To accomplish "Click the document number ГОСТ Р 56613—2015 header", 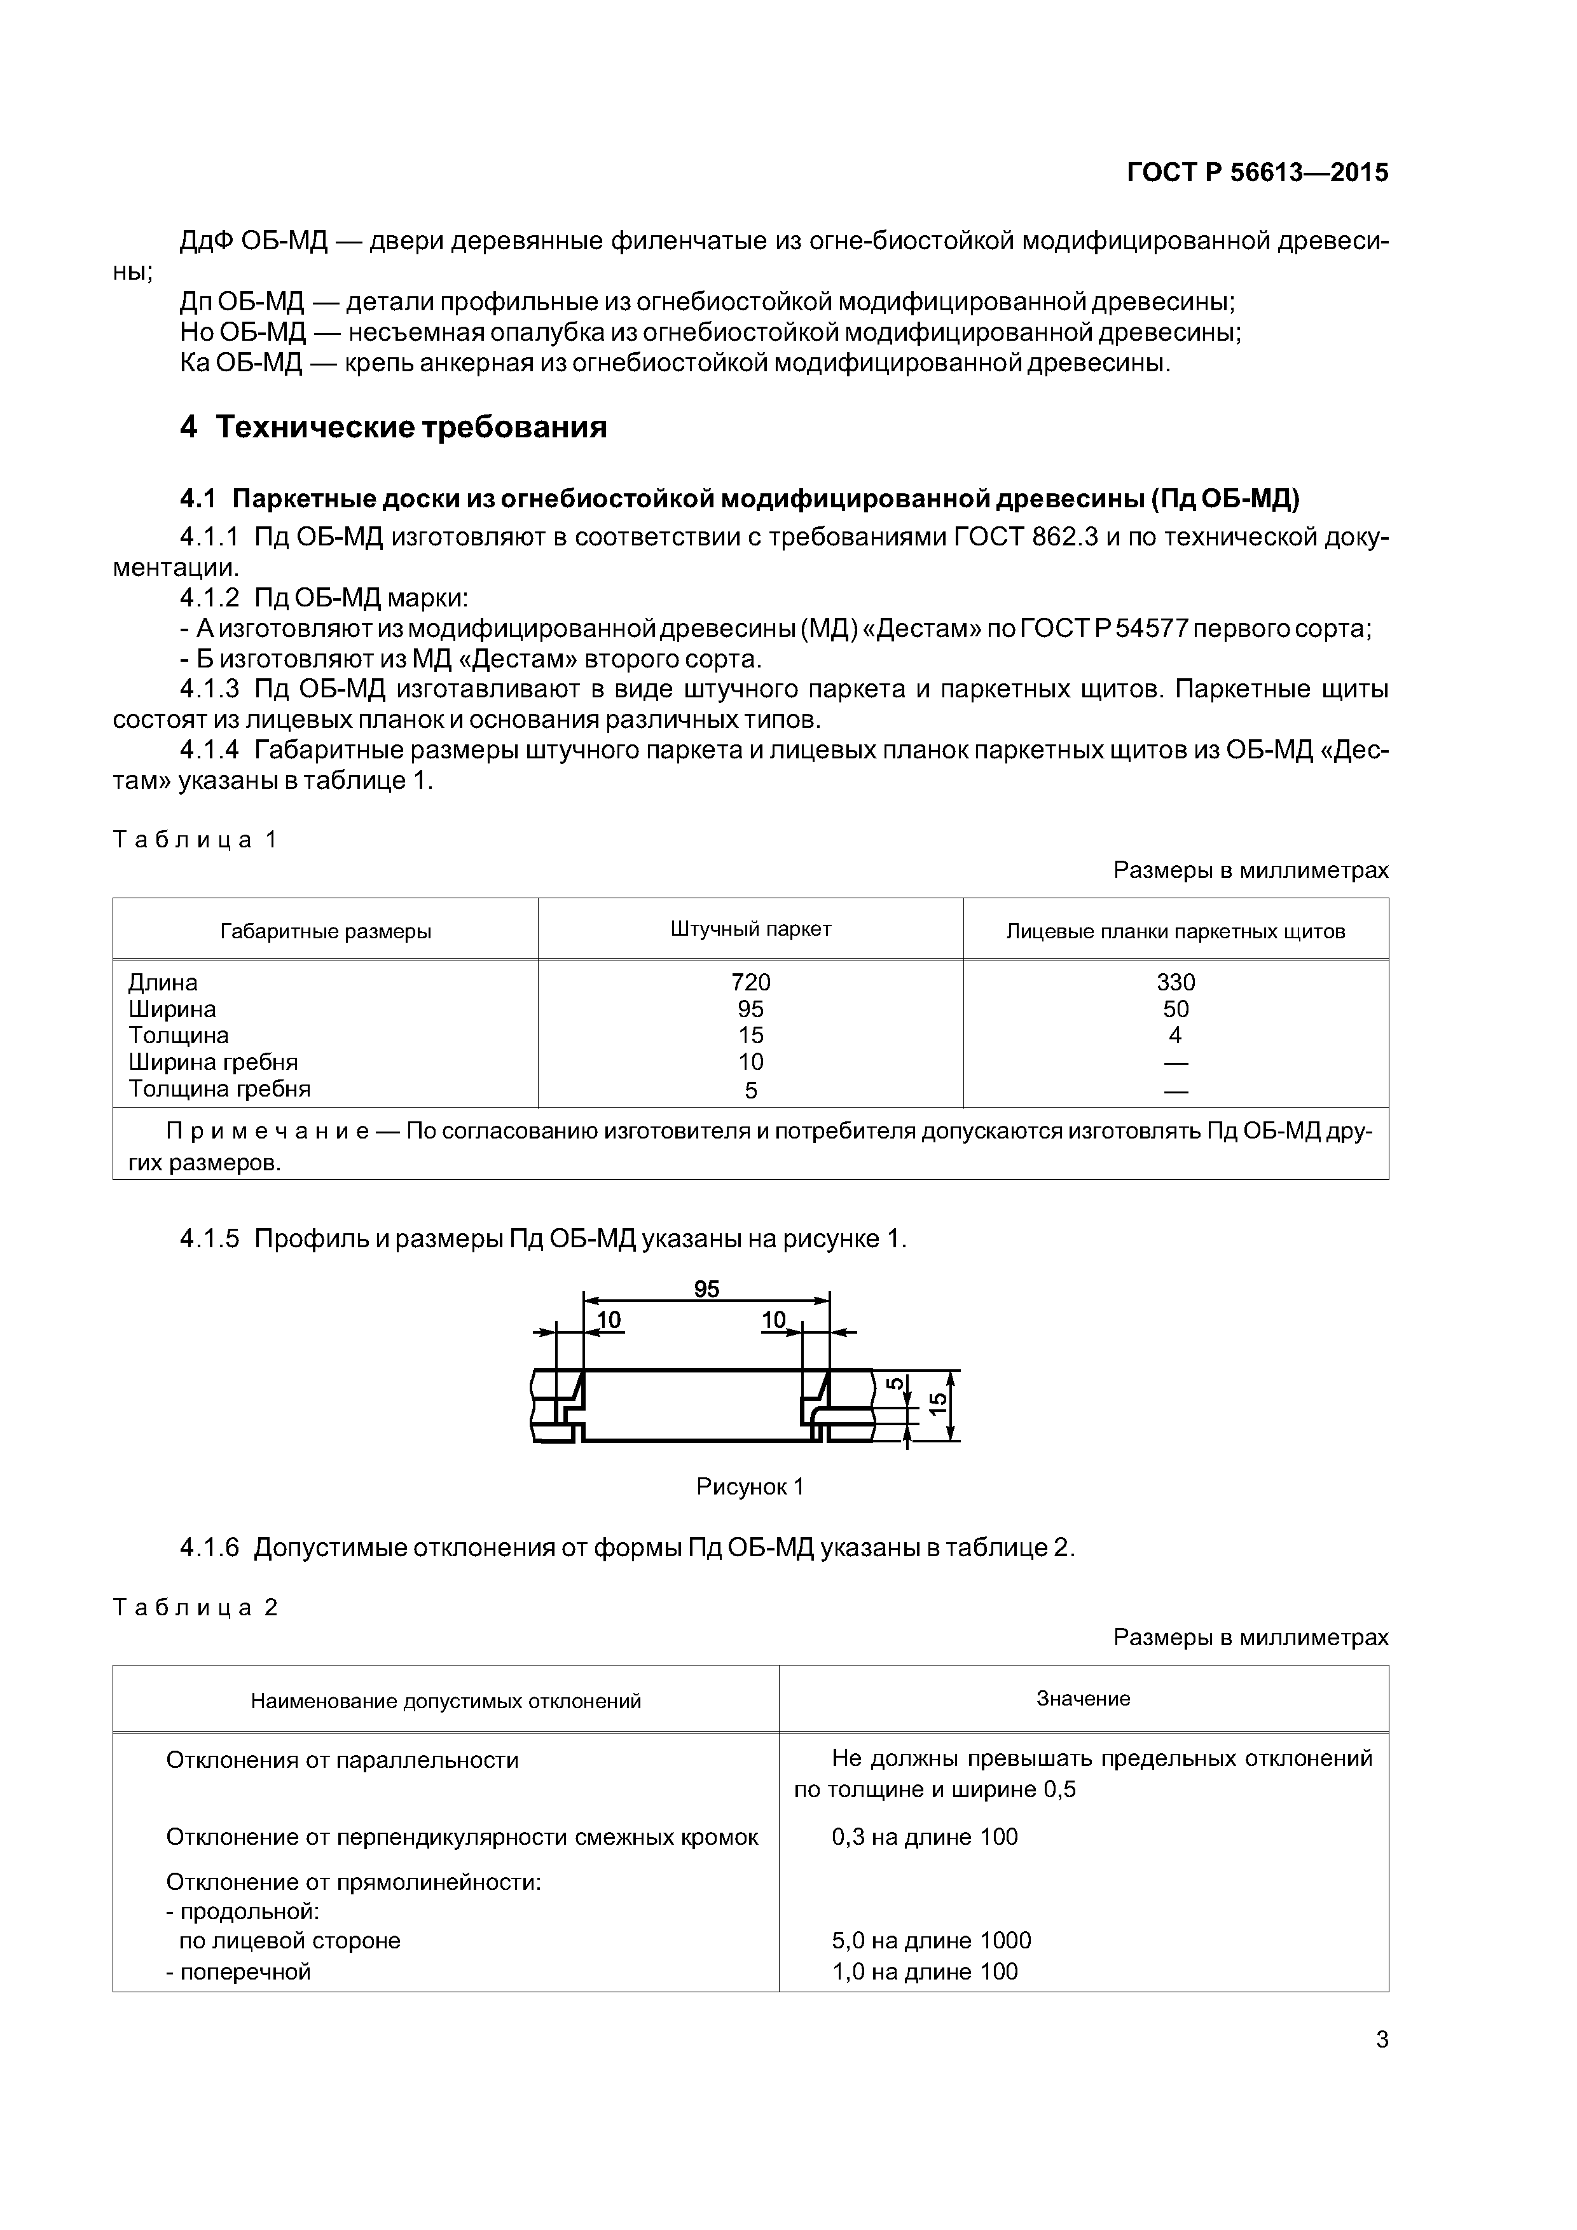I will (x=1257, y=173).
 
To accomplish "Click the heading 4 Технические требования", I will (x=394, y=427).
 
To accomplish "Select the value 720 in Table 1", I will (x=750, y=982).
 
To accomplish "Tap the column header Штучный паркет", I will (x=750, y=929).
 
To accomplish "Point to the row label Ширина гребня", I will (x=213, y=1062).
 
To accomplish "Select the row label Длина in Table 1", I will (x=162, y=982).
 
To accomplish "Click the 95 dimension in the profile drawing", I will (x=706, y=1289).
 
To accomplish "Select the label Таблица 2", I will (x=195, y=1608).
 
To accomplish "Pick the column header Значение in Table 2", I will (x=1082, y=1699).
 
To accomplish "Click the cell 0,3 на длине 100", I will (x=924, y=1837).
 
